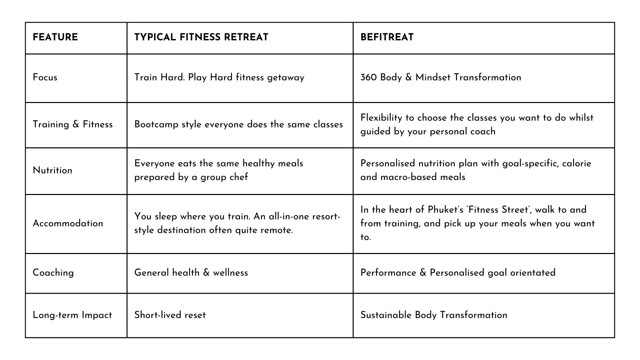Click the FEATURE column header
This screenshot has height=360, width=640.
click(x=55, y=37)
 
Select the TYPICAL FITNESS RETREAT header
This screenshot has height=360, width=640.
click(x=201, y=37)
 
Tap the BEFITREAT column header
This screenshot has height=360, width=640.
click(x=387, y=37)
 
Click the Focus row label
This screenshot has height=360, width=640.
click(x=45, y=77)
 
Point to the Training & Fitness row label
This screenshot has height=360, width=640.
click(x=73, y=124)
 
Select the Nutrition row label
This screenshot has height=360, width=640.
click(x=52, y=170)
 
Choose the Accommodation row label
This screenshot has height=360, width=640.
click(x=68, y=223)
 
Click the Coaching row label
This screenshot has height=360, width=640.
click(x=53, y=273)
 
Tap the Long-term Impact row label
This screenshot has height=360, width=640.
click(x=72, y=315)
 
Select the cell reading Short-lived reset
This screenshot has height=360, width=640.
click(x=170, y=315)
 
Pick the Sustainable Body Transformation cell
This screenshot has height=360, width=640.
click(x=434, y=315)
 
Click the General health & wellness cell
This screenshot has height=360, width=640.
click(x=191, y=273)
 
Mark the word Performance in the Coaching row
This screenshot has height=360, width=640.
click(x=388, y=273)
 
